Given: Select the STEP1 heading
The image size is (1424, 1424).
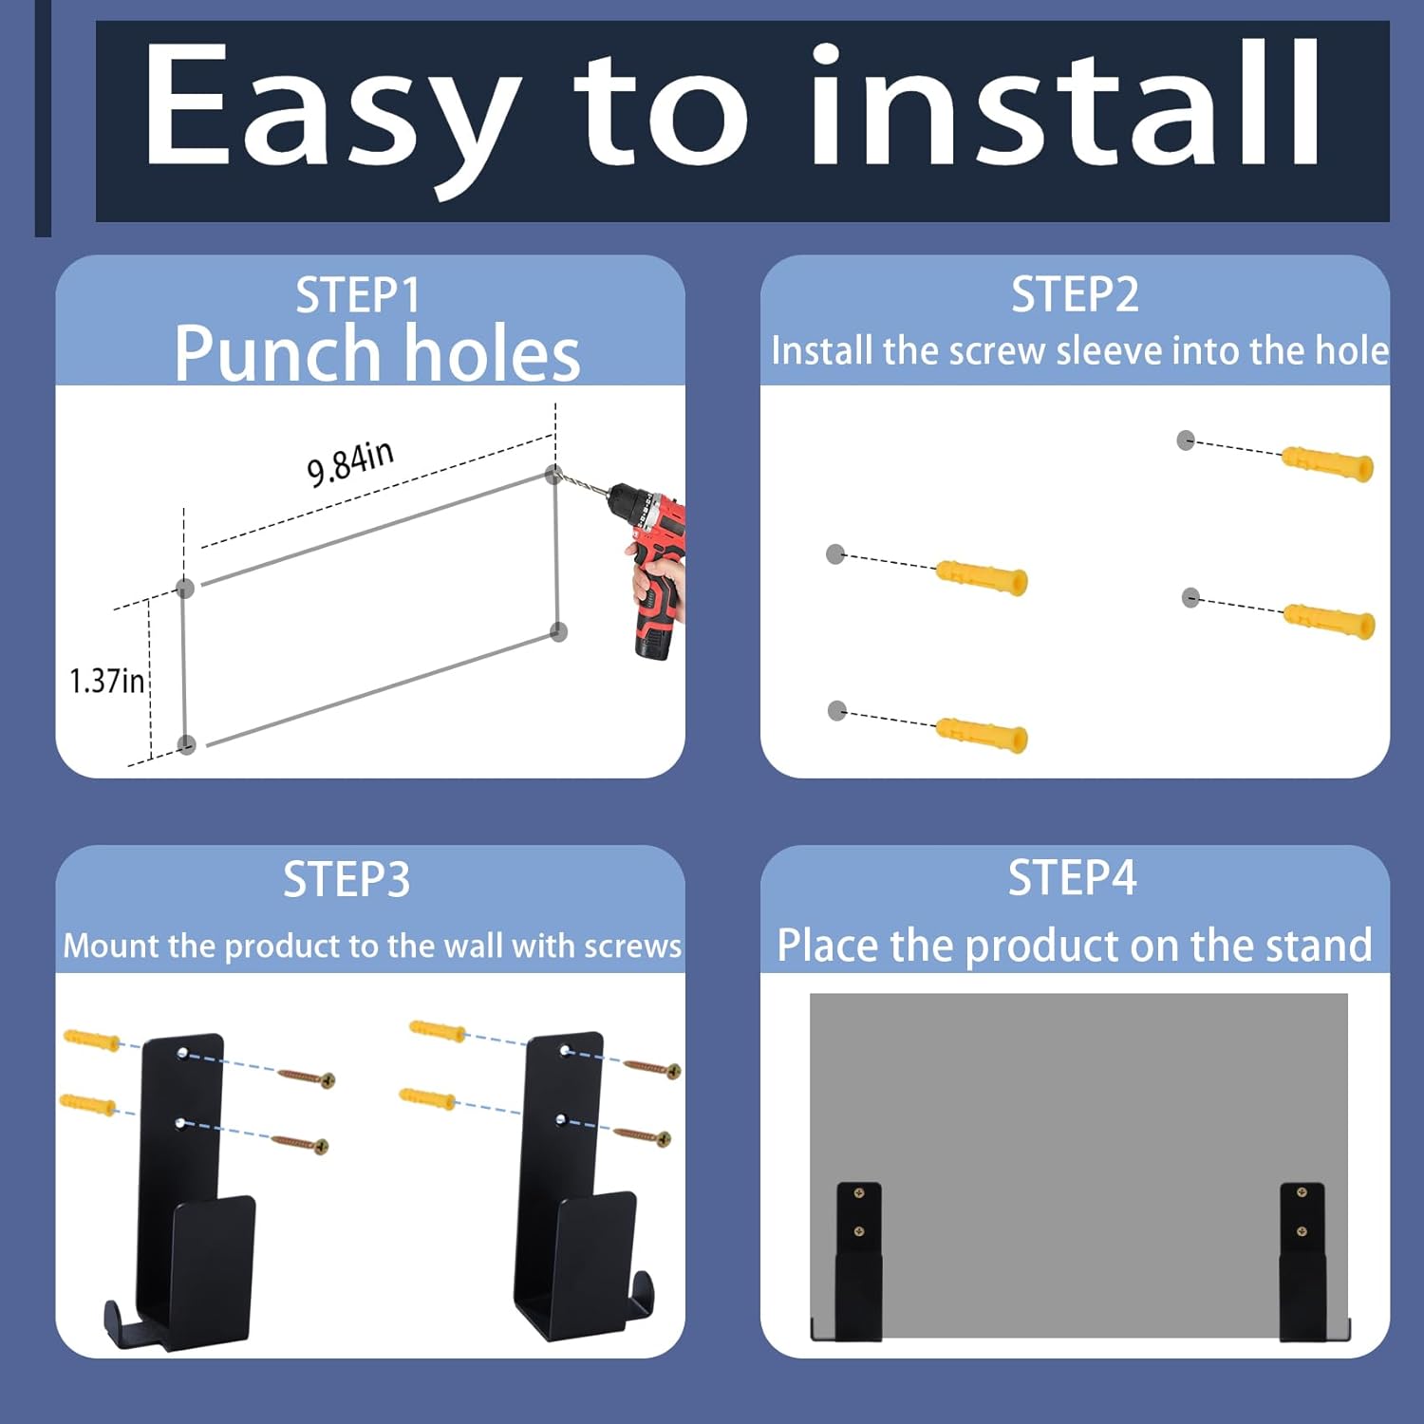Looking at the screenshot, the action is [358, 295].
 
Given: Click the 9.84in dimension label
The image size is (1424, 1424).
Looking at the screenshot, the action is [349, 462].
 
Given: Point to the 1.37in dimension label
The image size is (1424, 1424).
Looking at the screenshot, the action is [106, 681].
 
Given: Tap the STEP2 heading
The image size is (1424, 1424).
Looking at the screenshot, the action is [1075, 294].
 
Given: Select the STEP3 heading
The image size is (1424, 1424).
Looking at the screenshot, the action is [347, 880].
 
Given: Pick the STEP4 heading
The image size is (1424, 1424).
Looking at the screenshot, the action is [1073, 877].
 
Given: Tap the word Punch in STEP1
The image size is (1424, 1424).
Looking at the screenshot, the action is [277, 354].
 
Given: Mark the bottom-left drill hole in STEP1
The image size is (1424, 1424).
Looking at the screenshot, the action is [187, 744].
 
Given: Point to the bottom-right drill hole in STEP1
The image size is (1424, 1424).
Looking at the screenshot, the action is [559, 631].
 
